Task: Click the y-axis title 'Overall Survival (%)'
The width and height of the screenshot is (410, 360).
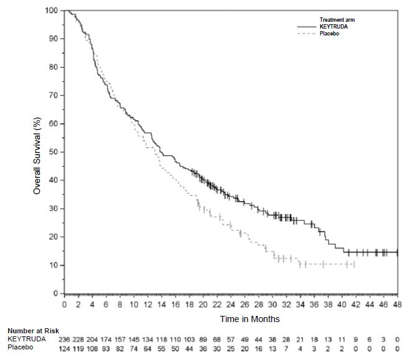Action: click(x=37, y=152)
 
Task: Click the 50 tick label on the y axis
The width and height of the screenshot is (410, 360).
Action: click(x=56, y=152)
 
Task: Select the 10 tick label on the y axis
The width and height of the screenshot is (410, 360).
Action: click(x=56, y=265)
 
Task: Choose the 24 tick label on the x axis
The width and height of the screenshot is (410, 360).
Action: click(x=231, y=305)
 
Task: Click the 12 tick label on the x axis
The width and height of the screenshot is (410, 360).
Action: click(x=147, y=305)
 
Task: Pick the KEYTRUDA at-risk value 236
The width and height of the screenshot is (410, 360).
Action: click(x=64, y=339)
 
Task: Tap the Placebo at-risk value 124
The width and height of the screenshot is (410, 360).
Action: click(x=64, y=347)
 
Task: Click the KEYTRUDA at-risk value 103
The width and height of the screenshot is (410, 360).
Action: click(x=189, y=339)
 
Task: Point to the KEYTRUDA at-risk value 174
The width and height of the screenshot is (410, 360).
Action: click(x=106, y=339)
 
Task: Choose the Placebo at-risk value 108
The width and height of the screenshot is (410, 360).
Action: click(x=92, y=347)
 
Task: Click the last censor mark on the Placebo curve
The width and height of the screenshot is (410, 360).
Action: click(x=354, y=265)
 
